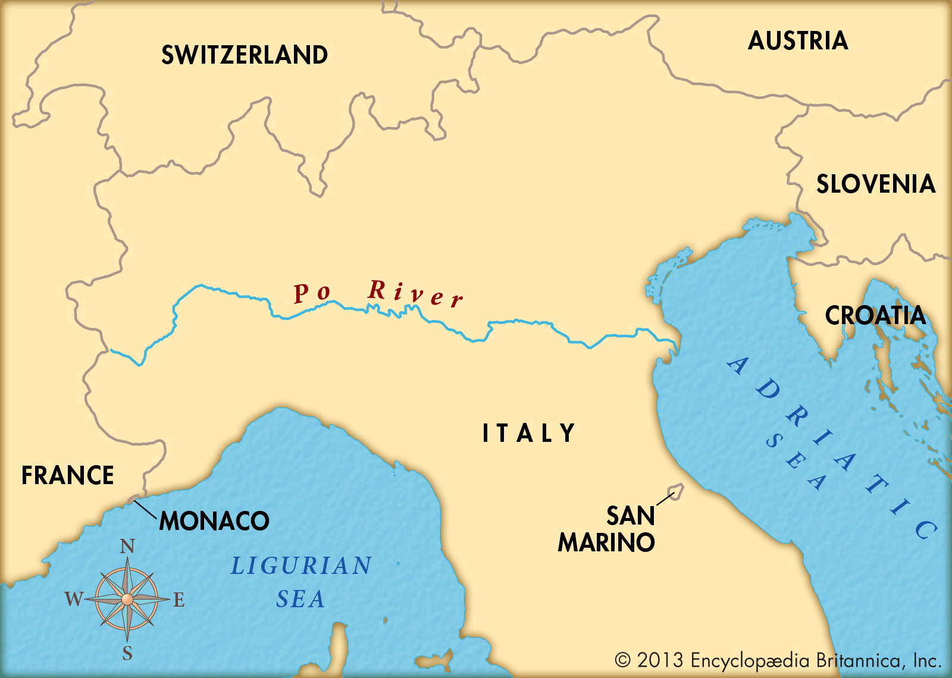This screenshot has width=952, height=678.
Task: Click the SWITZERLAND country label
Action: click(245, 55)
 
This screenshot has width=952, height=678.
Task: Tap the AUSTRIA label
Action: click(798, 40)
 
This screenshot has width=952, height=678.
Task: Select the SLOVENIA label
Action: click(876, 184)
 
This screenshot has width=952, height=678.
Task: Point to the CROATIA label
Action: click(875, 315)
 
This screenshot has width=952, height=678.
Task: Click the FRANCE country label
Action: click(68, 475)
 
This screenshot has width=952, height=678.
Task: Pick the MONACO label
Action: click(214, 521)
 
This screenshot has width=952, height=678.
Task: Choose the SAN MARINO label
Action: click(607, 529)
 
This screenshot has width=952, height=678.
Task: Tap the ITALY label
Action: click(528, 433)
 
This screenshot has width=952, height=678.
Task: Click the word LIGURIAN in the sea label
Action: click(302, 566)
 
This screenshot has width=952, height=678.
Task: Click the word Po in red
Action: click(312, 293)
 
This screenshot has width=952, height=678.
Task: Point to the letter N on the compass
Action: click(127, 546)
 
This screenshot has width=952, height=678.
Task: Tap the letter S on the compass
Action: click(127, 654)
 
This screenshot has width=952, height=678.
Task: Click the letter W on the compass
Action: click(74, 599)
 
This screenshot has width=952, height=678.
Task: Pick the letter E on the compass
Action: click(179, 599)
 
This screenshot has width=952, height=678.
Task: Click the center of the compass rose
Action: click(127, 599)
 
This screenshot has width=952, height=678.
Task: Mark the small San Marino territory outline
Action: click(677, 491)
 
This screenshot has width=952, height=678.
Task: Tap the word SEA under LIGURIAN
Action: click(300, 599)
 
